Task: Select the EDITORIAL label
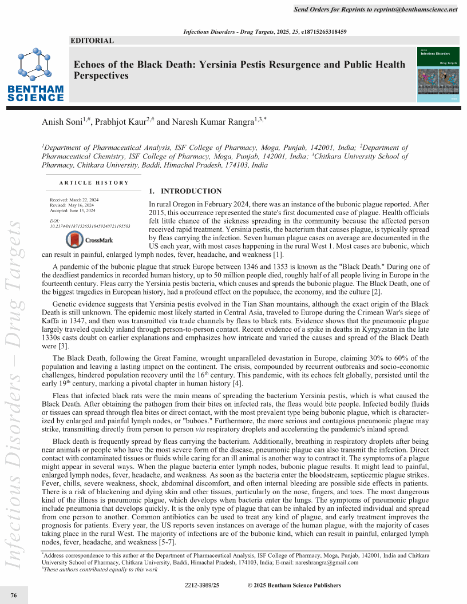coord(92,41)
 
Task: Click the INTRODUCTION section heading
coord(185,191)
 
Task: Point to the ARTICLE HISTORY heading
coord(94,182)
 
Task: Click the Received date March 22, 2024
coord(74,199)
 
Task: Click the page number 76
coord(14,595)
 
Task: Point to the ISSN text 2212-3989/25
coord(202,585)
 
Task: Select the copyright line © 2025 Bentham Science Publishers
coord(294,585)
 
